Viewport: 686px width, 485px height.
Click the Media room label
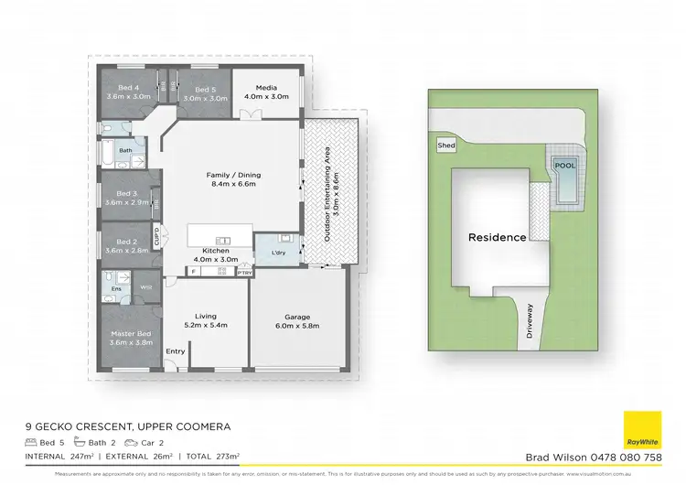(266, 87)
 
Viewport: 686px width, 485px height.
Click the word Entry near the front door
(175, 351)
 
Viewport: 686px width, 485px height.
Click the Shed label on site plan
(446, 145)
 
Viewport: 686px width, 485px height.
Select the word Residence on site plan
(497, 237)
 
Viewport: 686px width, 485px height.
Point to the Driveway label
(530, 323)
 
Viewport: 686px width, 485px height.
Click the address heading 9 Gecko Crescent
(127, 427)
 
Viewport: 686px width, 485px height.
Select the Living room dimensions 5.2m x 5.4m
(206, 324)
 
